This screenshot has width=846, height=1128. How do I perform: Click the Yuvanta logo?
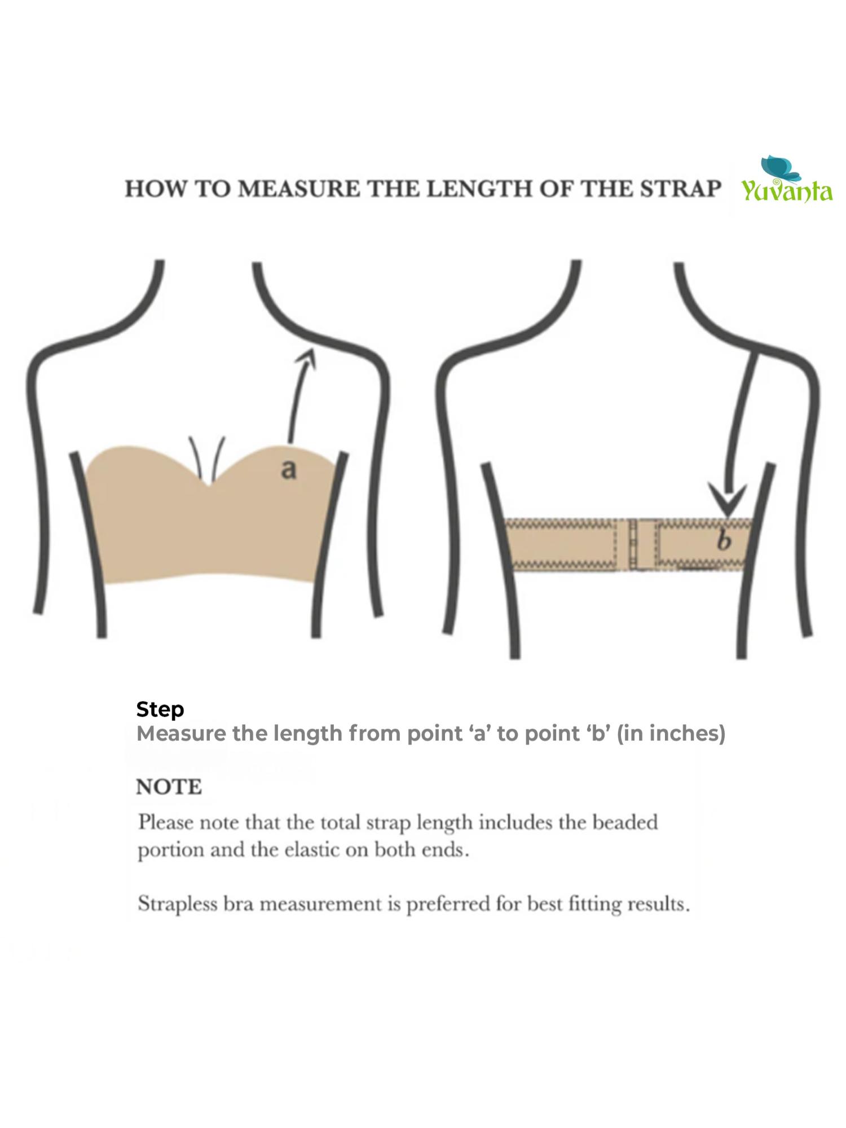click(787, 180)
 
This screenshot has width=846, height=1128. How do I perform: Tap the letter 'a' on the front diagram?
click(288, 469)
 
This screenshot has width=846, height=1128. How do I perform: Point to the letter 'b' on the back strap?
click(724, 541)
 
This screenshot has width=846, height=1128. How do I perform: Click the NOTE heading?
click(169, 787)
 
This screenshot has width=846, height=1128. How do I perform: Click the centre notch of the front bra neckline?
click(210, 482)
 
